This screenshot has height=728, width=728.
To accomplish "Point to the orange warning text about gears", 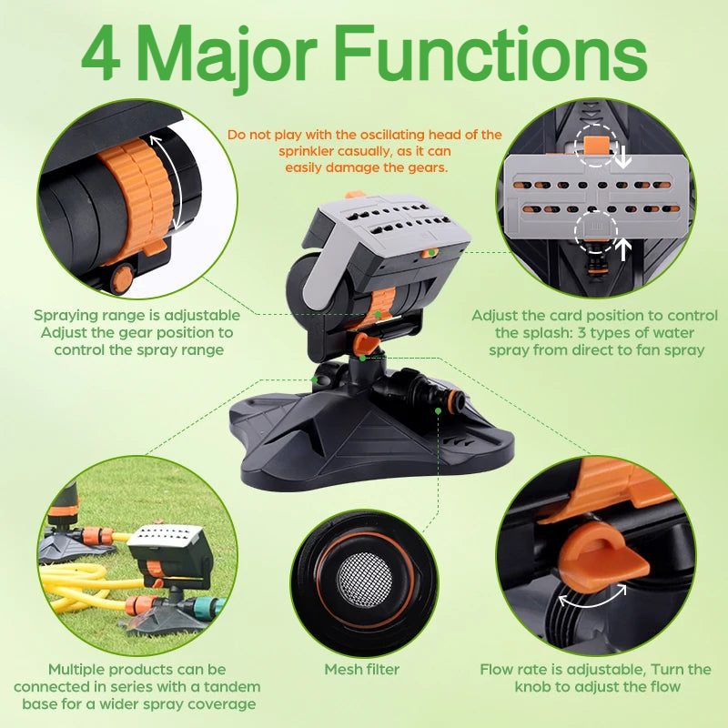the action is [365, 151].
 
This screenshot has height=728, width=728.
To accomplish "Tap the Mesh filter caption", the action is [362, 669].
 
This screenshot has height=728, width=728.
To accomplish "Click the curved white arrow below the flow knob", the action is [592, 598].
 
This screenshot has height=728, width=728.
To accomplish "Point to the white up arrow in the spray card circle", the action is [623, 249].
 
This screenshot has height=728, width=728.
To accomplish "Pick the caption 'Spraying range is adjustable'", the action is [137, 315].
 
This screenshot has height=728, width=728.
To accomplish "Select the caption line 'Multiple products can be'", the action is [137, 670].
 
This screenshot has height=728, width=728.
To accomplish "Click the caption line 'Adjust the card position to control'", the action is [595, 316].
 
